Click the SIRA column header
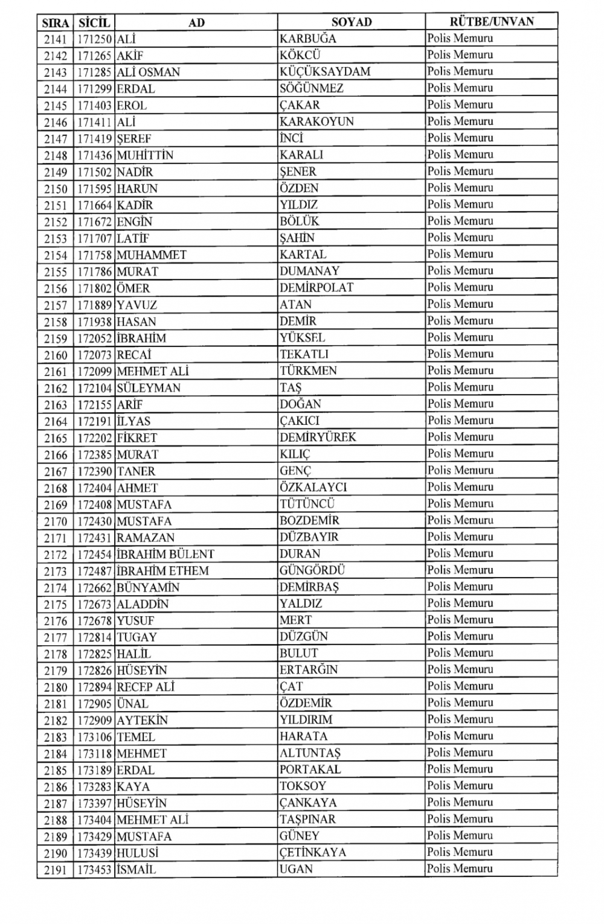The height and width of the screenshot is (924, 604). [56, 23]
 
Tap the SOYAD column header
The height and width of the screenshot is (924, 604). [351, 22]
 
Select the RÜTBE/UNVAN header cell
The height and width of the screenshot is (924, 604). [491, 22]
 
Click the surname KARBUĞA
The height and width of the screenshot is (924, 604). [308, 39]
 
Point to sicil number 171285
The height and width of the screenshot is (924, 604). [95, 72]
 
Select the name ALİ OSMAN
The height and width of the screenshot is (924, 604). [148, 72]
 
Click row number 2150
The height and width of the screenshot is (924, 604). [56, 189]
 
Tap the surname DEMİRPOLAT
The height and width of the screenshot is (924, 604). [316, 288]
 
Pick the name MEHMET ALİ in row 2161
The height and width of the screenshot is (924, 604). [153, 371]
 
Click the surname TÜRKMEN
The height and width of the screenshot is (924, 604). [308, 371]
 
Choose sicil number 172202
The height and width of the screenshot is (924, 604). [95, 438]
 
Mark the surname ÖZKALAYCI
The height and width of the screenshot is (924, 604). [313, 487]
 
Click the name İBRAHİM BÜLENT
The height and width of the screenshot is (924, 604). [165, 554]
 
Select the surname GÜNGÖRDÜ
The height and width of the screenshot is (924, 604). [312, 570]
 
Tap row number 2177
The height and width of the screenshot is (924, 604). [56, 637]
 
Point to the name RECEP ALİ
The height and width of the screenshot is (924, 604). [145, 687]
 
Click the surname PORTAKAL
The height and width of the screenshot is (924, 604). [310, 769]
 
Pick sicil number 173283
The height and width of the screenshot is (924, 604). [95, 786]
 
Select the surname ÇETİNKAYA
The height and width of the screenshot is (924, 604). [312, 853]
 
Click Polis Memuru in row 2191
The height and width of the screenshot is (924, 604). [460, 869]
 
